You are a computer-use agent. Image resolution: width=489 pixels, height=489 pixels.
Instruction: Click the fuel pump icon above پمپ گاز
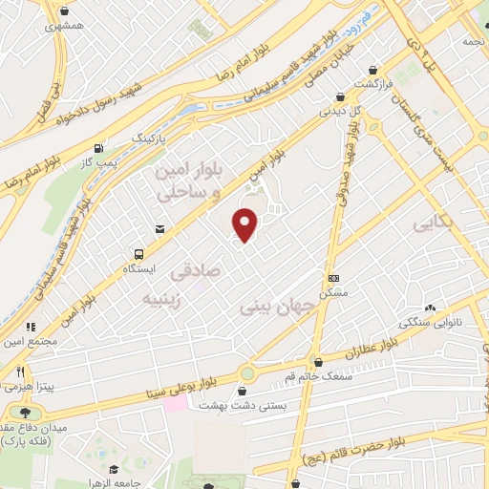pyautogui.click(x=99, y=149)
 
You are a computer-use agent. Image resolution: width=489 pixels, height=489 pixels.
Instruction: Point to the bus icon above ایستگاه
pyautogui.click(x=139, y=254)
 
